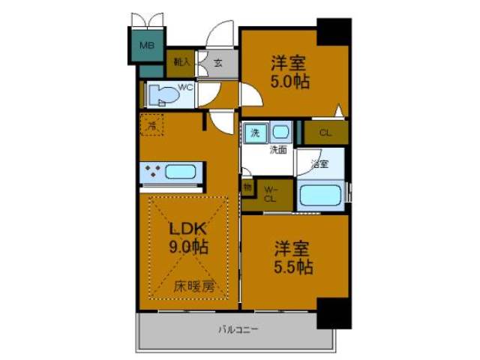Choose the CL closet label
click(325, 133)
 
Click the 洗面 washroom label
click(278, 149)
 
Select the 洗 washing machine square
click(254, 132)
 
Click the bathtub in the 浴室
click(320, 197)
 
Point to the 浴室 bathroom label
click(319, 163)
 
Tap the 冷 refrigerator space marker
click(152, 126)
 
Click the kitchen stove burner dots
click(153, 172)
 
